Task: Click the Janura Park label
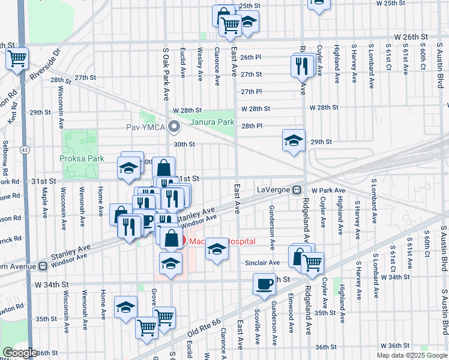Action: pos(211,122)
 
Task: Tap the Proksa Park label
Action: pos(82,159)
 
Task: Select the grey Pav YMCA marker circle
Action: pos(175,127)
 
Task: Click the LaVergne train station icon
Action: pos(297,190)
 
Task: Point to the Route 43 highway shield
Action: pos(25,149)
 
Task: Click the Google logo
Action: pos(20,353)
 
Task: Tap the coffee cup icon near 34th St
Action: pos(264,284)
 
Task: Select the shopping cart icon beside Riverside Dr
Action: pos(17,59)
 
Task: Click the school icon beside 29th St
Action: pos(293,140)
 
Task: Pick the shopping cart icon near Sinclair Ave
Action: pos(312,262)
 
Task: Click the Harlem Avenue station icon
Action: pos(43,266)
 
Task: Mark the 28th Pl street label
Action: pos(252,126)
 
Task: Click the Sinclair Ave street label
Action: pos(262,263)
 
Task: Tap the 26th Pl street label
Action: pos(251,57)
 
